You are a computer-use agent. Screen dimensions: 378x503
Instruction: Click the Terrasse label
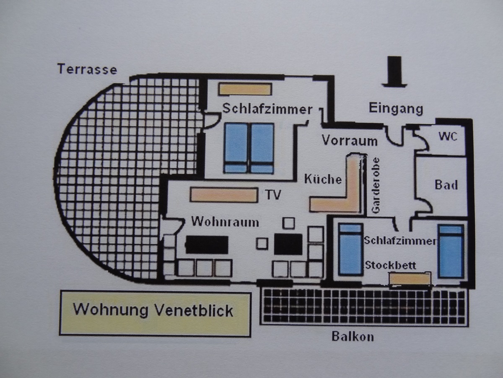point(87,69)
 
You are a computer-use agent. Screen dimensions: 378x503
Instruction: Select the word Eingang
point(396,109)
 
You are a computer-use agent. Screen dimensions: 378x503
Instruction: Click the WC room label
point(447,137)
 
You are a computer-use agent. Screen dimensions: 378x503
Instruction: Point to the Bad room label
point(446,185)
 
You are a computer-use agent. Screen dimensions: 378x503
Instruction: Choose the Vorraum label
point(350,141)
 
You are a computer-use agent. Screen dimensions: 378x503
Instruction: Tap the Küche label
point(323,179)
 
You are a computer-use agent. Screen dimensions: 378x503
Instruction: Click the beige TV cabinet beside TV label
point(224,195)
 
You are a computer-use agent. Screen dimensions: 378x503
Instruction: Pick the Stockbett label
point(390,265)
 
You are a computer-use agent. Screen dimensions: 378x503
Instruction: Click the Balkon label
point(353,336)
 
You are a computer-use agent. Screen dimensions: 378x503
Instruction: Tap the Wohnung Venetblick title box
point(155,313)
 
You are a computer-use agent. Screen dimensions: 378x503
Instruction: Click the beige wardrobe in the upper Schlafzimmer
point(245,89)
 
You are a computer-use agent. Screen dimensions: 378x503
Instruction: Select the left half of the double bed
point(236,148)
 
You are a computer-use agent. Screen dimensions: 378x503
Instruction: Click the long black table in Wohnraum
point(207,244)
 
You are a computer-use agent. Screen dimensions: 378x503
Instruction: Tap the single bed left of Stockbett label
point(350,249)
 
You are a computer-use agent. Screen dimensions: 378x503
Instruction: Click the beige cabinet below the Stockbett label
point(410,278)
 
